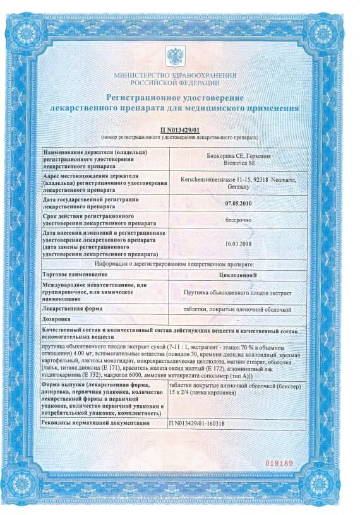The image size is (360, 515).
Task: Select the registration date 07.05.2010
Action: (237, 203)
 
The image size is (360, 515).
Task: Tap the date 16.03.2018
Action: (237, 245)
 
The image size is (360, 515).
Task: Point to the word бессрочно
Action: (237, 220)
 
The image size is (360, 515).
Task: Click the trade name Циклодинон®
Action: (237, 275)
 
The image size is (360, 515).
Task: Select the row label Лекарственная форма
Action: (71, 309)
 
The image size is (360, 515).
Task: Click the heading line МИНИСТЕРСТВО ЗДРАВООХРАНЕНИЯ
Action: (175, 75)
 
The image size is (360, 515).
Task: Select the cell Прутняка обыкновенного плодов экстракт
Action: (237, 292)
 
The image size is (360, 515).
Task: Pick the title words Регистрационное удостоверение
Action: (174, 98)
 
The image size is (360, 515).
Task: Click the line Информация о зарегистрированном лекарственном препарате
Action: (174, 264)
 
